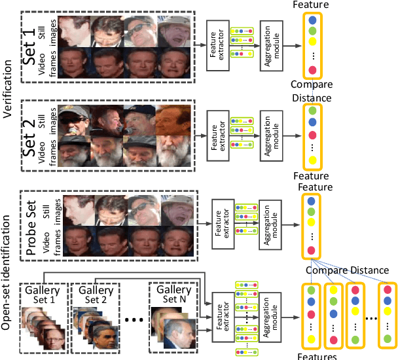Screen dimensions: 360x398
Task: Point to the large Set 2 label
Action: point(29,135)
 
